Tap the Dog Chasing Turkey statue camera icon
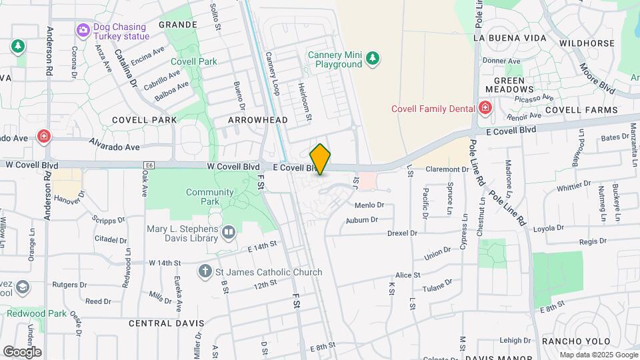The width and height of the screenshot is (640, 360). click(83, 30)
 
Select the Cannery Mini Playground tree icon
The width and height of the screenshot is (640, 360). click(373, 60)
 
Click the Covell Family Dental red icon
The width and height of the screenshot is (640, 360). click(485, 108)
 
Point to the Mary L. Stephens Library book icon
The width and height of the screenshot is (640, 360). click(229, 232)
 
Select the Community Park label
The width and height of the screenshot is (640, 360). click(210, 197)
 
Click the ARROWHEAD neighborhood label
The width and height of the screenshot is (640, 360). click(257, 120)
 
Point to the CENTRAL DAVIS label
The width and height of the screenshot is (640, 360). click(166, 323)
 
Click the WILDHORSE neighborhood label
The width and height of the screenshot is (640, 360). click(587, 43)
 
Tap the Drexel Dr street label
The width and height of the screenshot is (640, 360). click(402, 233)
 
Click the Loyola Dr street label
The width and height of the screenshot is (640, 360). click(549, 229)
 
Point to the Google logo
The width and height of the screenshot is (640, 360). click(22, 351)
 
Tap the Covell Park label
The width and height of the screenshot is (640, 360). click(194, 61)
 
